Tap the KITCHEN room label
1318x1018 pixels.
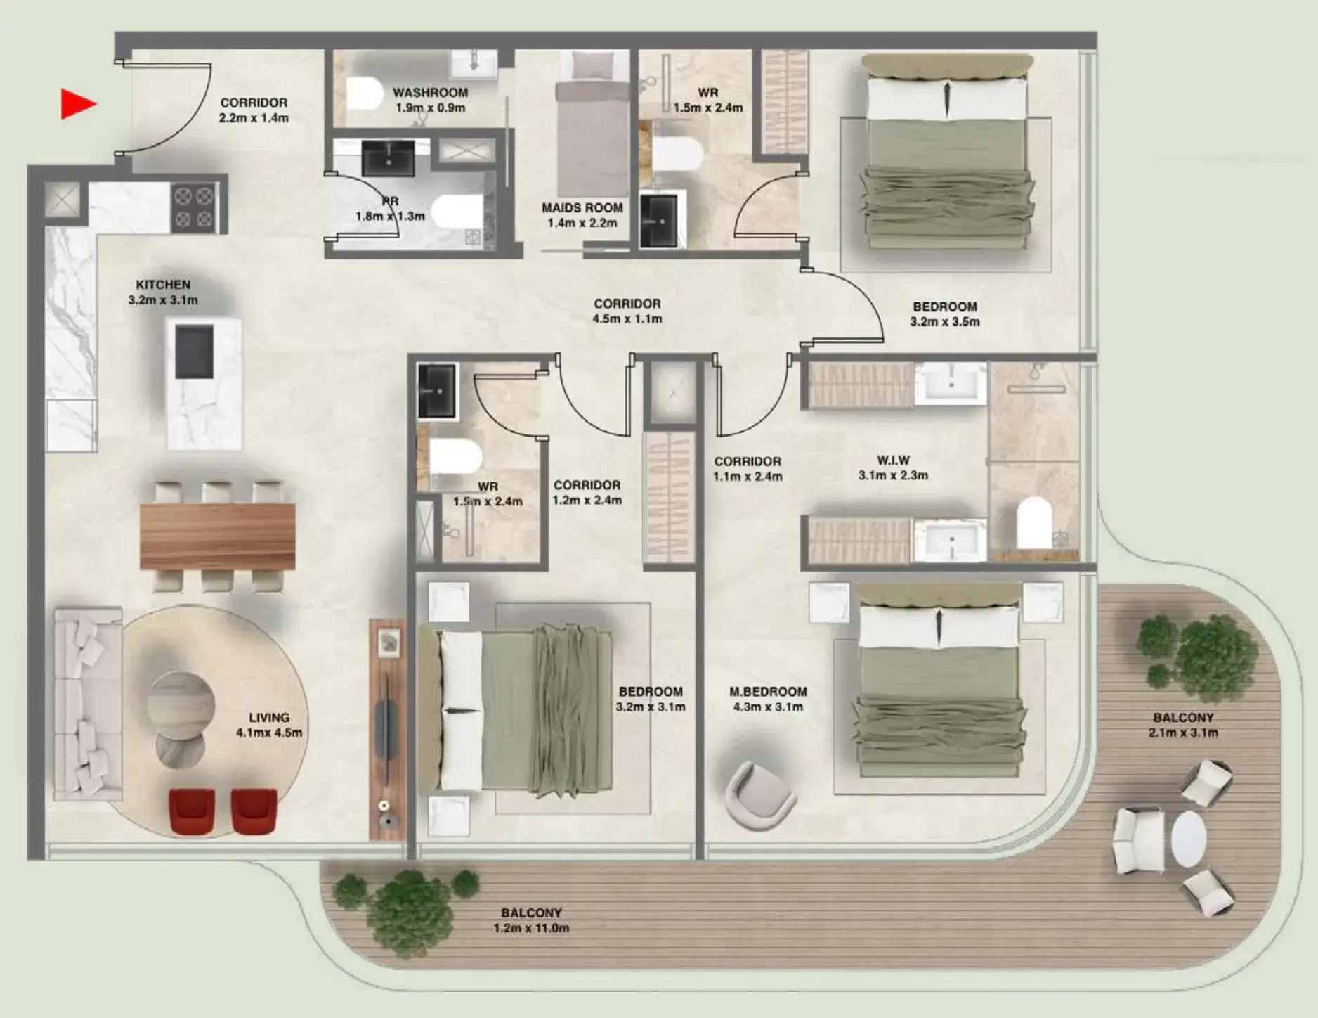coord(163,285)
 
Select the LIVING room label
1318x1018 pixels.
coord(269,718)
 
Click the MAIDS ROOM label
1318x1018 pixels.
coord(582,208)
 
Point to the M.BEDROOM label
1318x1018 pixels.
coord(768,692)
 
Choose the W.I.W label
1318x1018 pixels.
coord(893,460)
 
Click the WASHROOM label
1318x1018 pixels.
coord(430,93)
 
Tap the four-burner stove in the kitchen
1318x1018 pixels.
coord(194,207)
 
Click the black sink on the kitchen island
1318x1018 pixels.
coord(193,351)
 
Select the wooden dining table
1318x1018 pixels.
coord(217,536)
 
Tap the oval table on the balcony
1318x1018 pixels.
coord(1188,839)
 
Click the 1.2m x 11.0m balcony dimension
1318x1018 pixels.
coord(531,929)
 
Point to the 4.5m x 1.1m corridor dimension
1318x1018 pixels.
coord(627,319)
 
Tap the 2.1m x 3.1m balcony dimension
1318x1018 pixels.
coord(1183,733)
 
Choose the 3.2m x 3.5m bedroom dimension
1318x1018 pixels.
coord(945,322)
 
